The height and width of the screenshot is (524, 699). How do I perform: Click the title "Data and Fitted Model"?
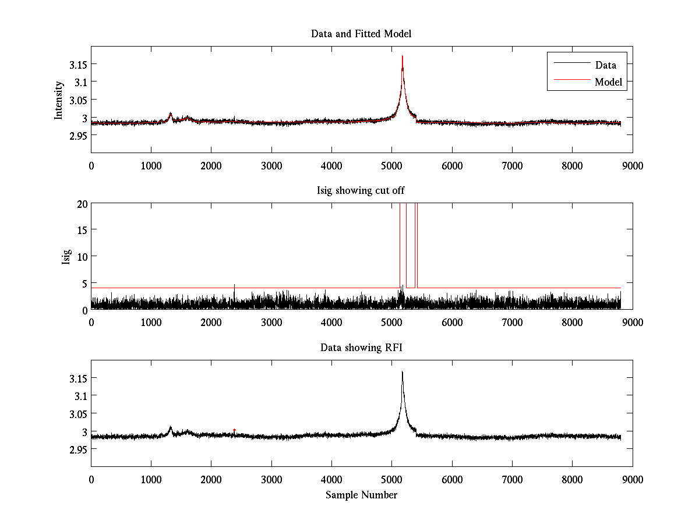point(361,34)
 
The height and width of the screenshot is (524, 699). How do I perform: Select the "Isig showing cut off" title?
point(361,191)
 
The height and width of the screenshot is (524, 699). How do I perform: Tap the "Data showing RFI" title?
point(361,348)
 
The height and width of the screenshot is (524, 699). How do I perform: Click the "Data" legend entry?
point(605,65)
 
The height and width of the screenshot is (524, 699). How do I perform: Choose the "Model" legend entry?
point(608,82)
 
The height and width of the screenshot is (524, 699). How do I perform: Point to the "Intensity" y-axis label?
point(59,100)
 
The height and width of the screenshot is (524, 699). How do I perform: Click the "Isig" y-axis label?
point(66,257)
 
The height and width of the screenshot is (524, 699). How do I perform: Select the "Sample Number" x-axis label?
point(361,495)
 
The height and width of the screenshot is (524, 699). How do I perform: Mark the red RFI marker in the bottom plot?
point(234,430)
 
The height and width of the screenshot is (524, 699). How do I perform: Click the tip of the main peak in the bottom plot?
point(402,372)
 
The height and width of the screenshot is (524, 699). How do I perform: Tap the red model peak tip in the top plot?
point(402,57)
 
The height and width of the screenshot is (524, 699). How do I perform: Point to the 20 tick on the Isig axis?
point(82,203)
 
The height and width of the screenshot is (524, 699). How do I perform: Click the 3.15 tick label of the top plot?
point(78,65)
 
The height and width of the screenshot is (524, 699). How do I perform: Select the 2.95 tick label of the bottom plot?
point(78,449)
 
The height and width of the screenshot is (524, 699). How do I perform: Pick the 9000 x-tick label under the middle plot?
point(632,322)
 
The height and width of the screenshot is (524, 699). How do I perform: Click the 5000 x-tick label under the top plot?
point(391,165)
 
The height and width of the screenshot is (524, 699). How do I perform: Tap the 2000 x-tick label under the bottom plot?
point(211,479)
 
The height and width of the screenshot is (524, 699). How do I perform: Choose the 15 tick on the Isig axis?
point(82,230)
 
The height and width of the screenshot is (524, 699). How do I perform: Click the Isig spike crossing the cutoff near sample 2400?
point(234,285)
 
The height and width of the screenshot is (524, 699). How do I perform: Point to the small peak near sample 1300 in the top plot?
point(170,114)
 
